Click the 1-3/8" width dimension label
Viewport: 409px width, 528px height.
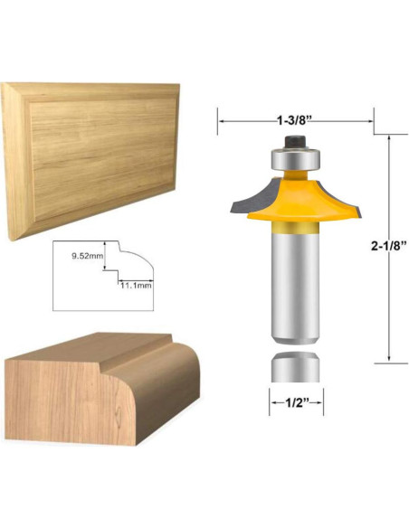click(293, 120)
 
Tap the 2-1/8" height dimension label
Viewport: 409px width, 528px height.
click(387, 247)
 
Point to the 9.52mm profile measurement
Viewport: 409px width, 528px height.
click(87, 256)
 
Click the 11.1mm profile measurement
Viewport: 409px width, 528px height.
click(136, 286)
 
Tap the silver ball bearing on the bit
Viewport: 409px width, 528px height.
click(295, 159)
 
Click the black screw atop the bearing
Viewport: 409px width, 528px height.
click(295, 141)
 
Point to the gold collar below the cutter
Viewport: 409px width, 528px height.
click(296, 227)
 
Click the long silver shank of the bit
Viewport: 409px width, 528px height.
click(296, 288)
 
